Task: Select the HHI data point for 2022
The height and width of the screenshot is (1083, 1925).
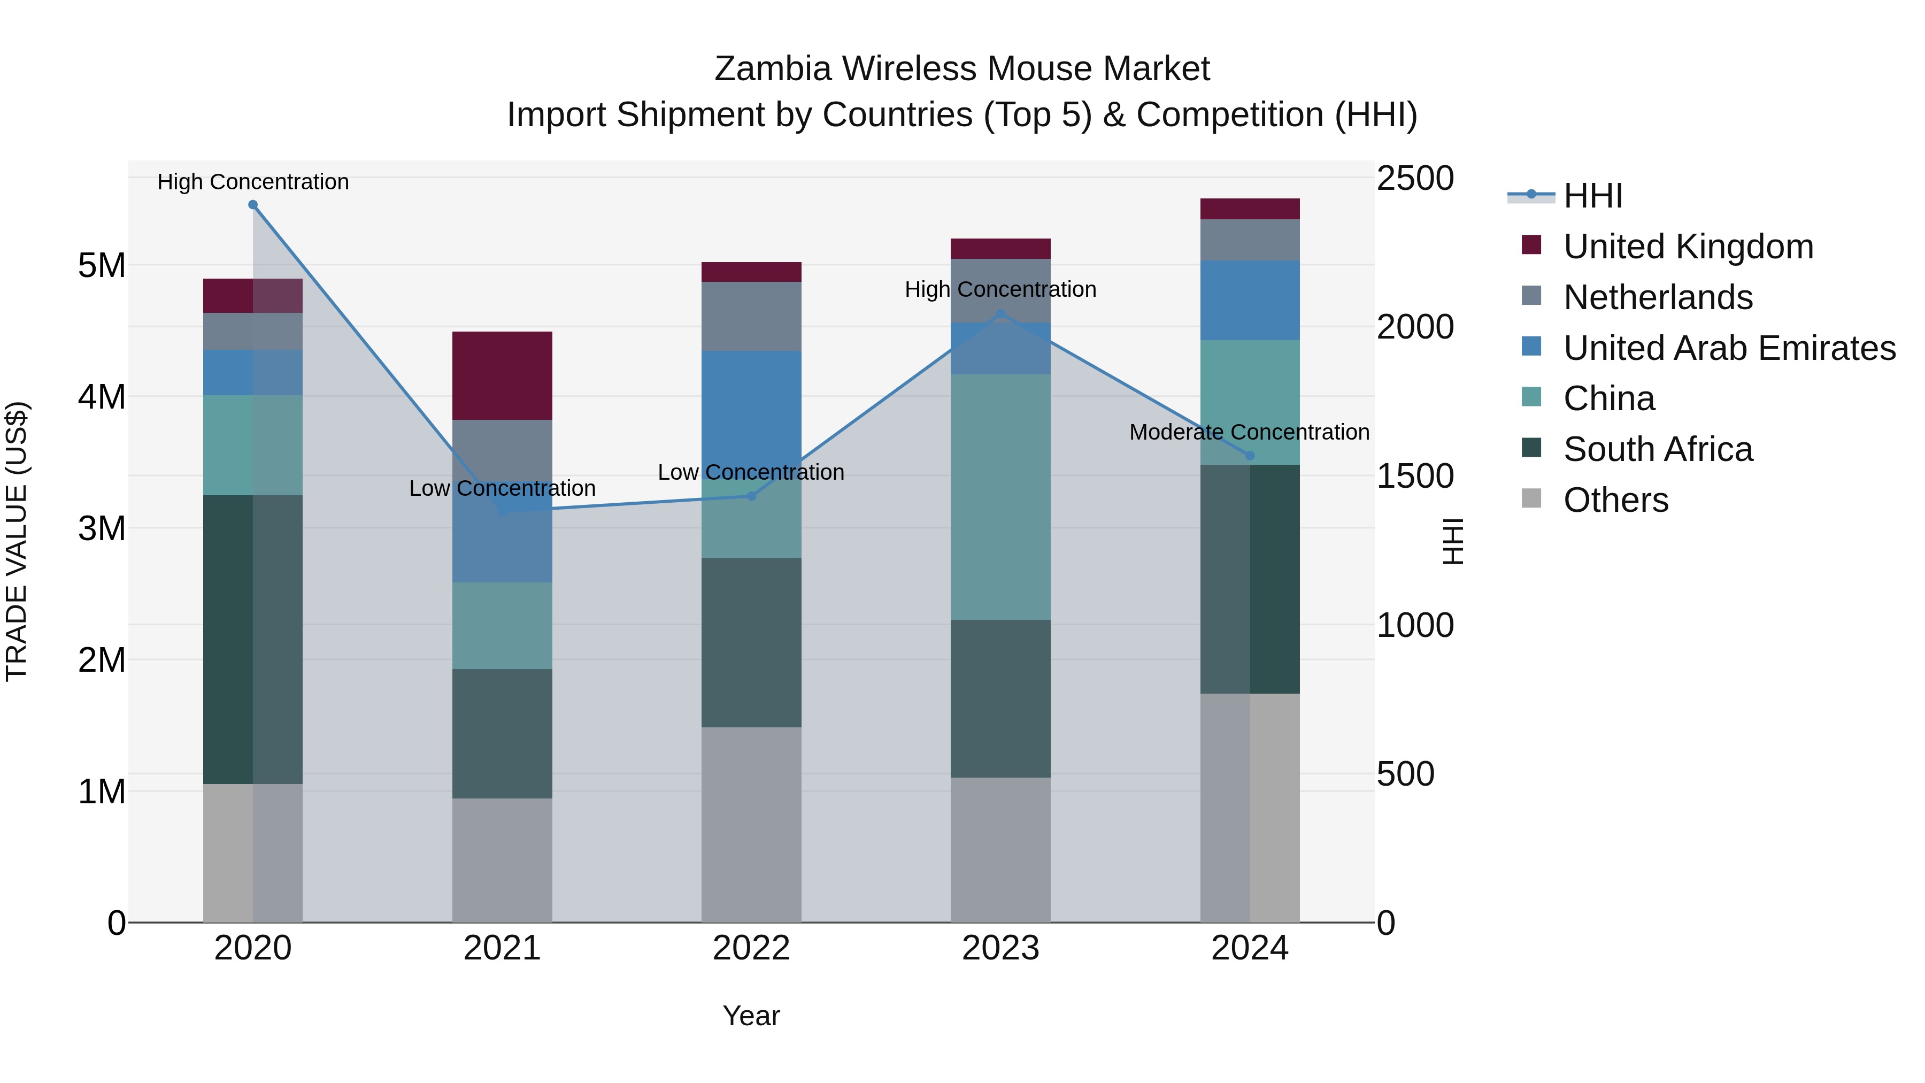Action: pos(752,496)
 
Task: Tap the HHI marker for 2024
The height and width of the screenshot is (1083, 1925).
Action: pos(1250,455)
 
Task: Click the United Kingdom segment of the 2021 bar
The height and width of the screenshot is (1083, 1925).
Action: pos(502,375)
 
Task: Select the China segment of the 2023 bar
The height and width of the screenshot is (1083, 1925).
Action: pos(1000,497)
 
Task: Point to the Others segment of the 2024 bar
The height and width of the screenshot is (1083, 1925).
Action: pos(1250,807)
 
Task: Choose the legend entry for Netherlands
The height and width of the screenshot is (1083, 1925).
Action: pos(1658,297)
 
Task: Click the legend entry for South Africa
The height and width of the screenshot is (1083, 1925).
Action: pos(1658,449)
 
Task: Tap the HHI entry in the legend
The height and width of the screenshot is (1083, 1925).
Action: pos(1592,196)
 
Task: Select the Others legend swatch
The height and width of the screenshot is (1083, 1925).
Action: pos(1531,498)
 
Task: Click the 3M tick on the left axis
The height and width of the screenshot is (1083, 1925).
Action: pos(102,528)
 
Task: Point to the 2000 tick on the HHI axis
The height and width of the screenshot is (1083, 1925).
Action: pos(1414,327)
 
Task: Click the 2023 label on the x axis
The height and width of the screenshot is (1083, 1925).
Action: pos(1000,948)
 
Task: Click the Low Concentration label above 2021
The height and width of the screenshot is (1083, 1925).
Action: pos(502,488)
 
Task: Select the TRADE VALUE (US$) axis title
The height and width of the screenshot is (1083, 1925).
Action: pos(17,541)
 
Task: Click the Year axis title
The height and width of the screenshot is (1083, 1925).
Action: pos(751,1016)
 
